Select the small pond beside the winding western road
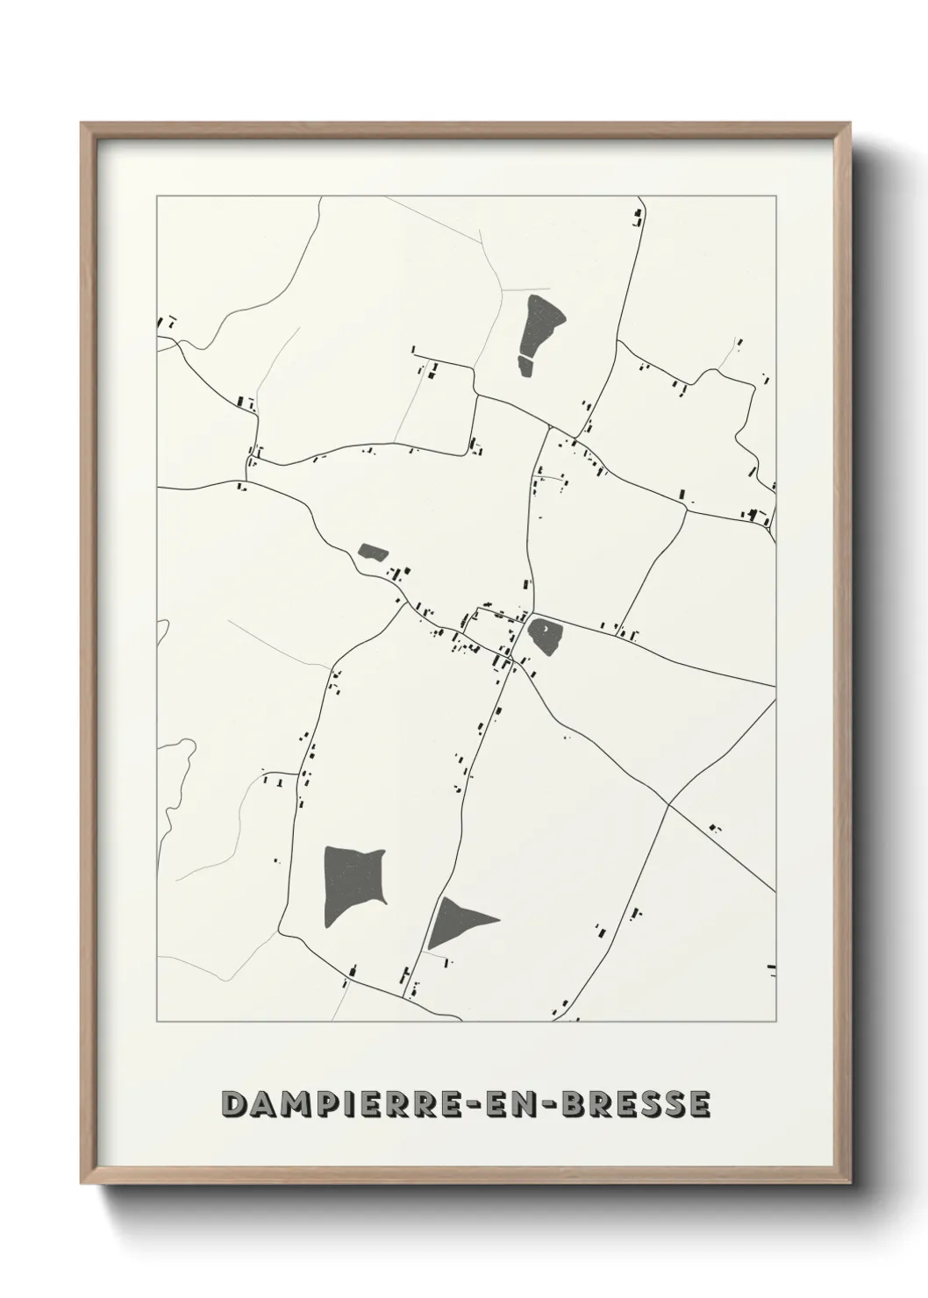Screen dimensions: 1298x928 click(373, 553)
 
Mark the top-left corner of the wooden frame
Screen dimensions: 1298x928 click(82, 124)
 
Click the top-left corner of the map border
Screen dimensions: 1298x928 click(157, 196)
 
